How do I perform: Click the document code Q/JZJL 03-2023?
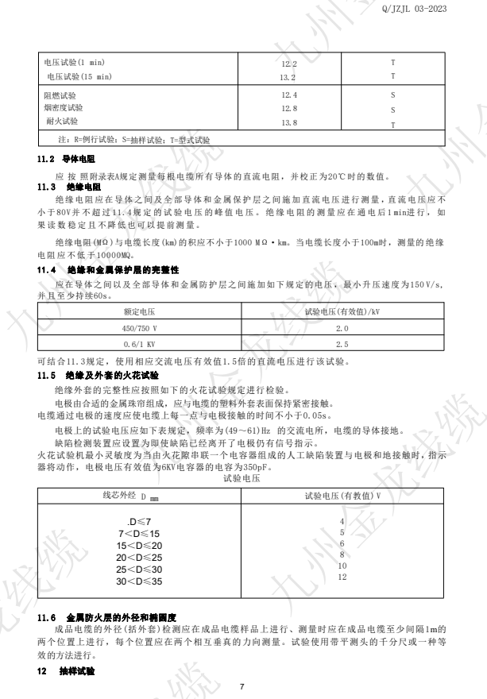[442, 9]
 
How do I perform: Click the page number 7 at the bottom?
[244, 685]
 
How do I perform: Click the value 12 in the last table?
[342, 577]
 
